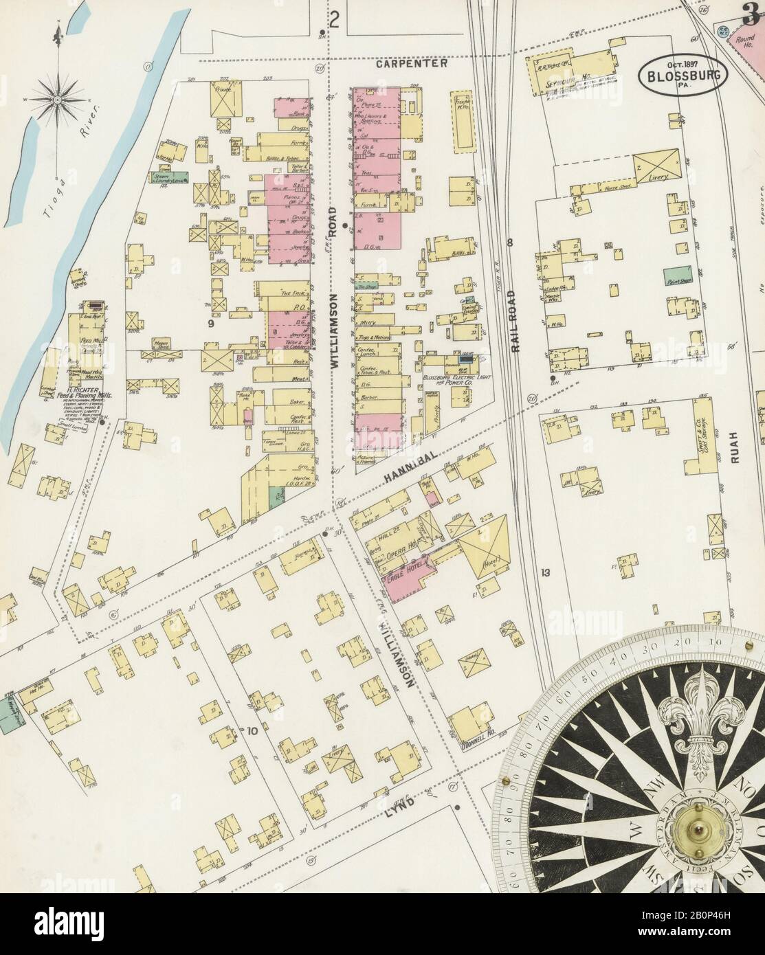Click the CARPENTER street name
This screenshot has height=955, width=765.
(412, 63)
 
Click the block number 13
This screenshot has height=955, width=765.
(546, 572)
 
